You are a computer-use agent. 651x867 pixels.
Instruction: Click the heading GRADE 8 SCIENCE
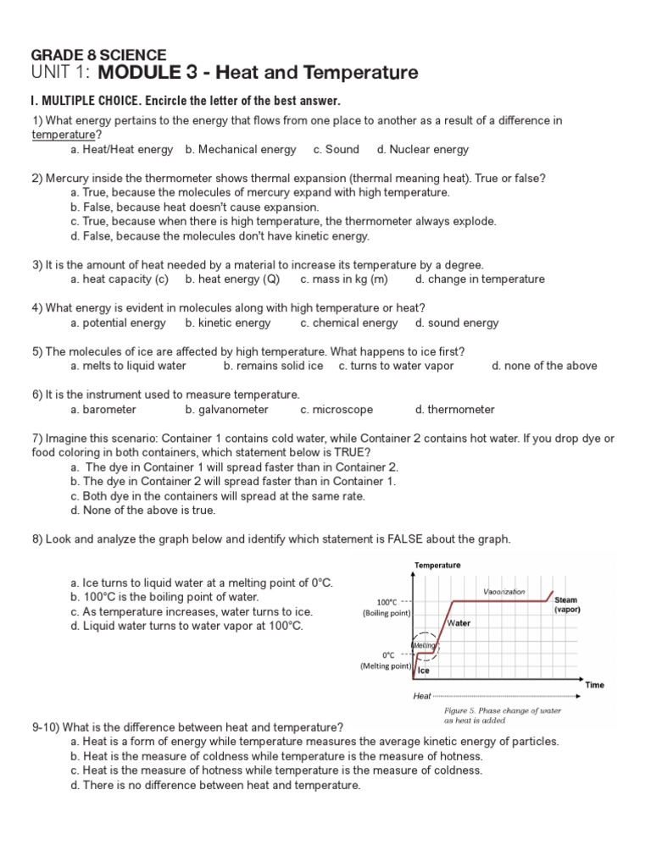point(99,54)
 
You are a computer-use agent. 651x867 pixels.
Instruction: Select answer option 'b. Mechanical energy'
point(241,149)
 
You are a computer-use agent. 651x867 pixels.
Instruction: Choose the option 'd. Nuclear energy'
point(423,149)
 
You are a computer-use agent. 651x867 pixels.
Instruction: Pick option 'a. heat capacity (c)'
point(120,279)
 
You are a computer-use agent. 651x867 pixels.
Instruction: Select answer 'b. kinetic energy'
point(228,323)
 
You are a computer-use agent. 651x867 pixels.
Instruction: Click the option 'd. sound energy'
point(457,323)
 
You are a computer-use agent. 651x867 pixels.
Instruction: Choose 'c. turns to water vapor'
point(396,366)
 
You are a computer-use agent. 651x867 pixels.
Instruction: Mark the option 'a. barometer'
point(103,409)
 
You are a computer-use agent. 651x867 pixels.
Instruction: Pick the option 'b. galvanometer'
point(226,409)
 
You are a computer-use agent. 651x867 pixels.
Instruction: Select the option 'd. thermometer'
point(455,409)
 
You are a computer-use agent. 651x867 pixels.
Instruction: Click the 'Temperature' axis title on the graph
point(437,565)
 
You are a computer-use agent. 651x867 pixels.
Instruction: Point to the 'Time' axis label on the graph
point(594,684)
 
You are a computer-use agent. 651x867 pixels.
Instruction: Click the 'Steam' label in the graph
point(565,599)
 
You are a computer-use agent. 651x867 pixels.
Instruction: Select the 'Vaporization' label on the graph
point(504,591)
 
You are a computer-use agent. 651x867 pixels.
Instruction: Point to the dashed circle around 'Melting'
point(424,645)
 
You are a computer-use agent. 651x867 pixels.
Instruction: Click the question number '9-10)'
point(46,726)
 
